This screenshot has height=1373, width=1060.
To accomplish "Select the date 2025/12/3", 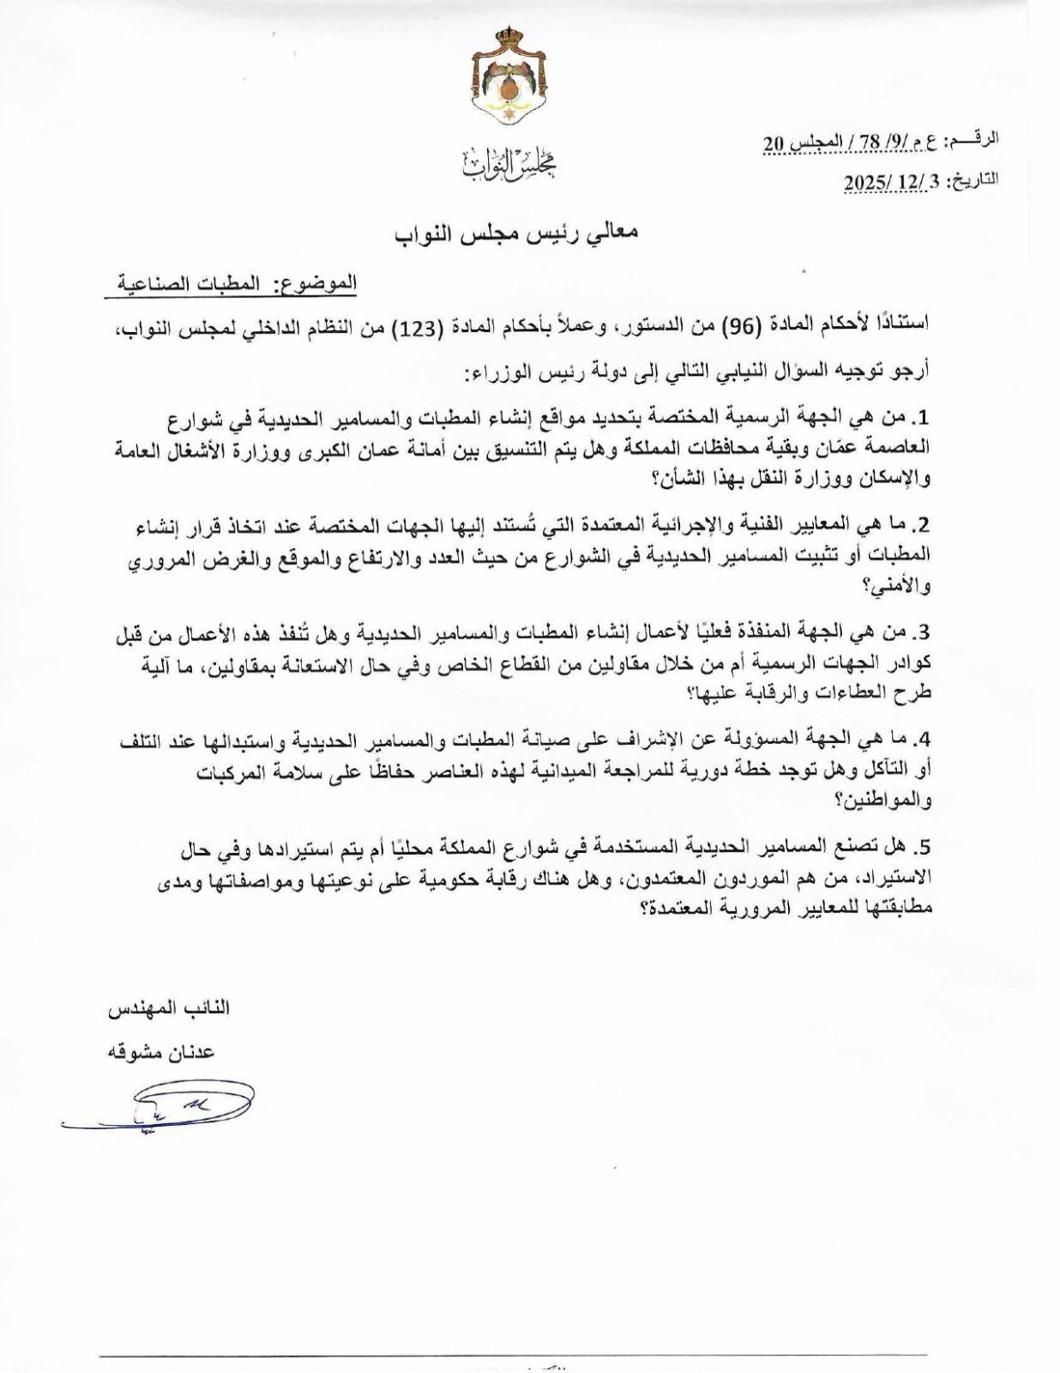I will click(891, 181).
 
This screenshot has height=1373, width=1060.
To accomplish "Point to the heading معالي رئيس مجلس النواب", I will click(516, 233).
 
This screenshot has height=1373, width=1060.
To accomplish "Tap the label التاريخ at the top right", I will click(973, 180).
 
